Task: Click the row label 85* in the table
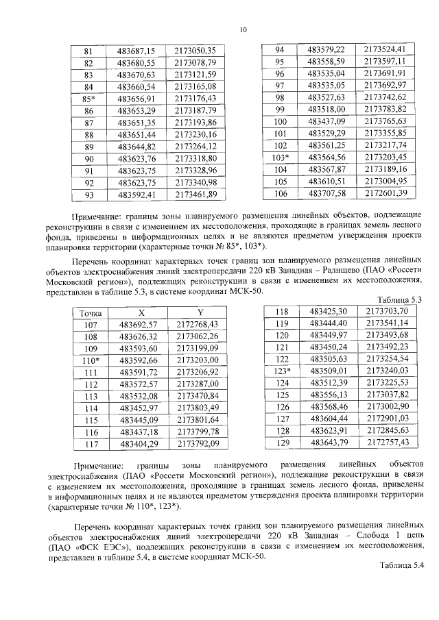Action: tap(88, 98)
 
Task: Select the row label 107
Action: tap(91, 324)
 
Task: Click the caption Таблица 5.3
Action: tap(399, 300)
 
